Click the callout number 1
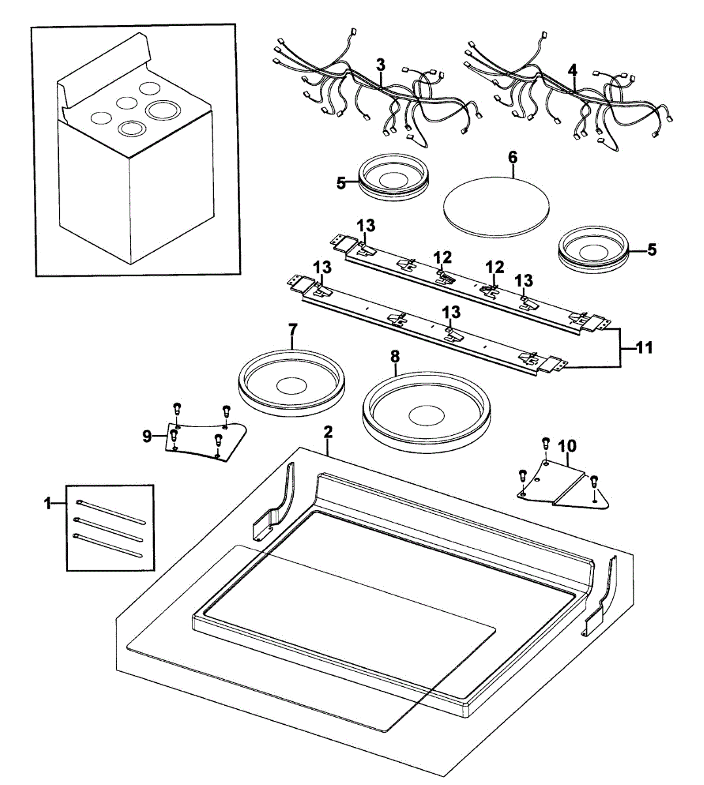point(47,502)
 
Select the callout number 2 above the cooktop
point(328,432)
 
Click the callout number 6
point(512,157)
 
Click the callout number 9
point(147,435)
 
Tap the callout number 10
point(567,446)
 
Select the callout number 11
point(644,348)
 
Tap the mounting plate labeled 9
point(203,440)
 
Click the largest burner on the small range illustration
point(162,110)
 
